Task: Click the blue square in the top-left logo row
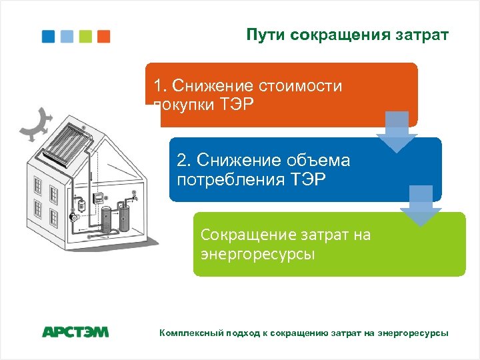[49, 36]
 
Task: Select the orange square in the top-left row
[103, 36]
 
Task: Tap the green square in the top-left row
[85, 36]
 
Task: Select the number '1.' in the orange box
[160, 86]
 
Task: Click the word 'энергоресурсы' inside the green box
[257, 255]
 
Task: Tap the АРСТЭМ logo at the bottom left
[75, 331]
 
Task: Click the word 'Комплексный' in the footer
[189, 332]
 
